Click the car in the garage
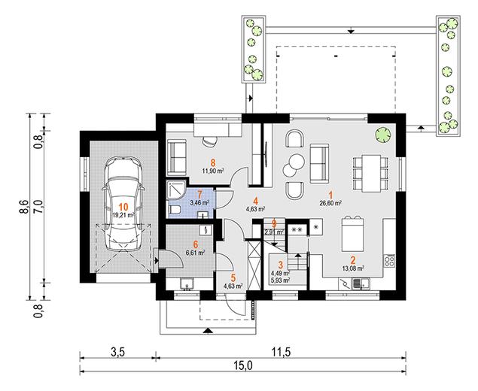coord(123,204)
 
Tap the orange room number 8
coord(213,163)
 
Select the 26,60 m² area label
coord(330,203)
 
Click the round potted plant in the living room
coord(383,135)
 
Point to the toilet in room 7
coord(175,210)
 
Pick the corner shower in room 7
coord(176,190)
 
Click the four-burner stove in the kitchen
coord(390,261)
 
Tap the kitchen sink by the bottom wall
coord(356,285)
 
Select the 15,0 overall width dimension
coord(243,365)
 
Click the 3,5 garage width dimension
coord(117,353)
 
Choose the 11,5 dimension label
coord(281,353)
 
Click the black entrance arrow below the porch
coord(208,331)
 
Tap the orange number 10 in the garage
coord(123,207)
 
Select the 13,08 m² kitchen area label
coord(353,268)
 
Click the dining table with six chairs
coord(370,173)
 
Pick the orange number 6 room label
coord(196,244)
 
